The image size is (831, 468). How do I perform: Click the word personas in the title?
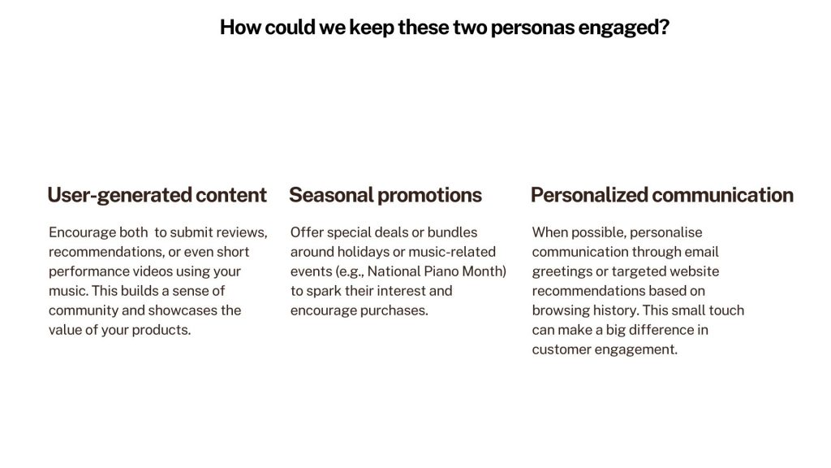coord(532,28)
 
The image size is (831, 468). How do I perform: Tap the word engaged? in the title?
coord(624,28)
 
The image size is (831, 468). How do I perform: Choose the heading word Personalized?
coord(589,195)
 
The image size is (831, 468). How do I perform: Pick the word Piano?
coord(441,271)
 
